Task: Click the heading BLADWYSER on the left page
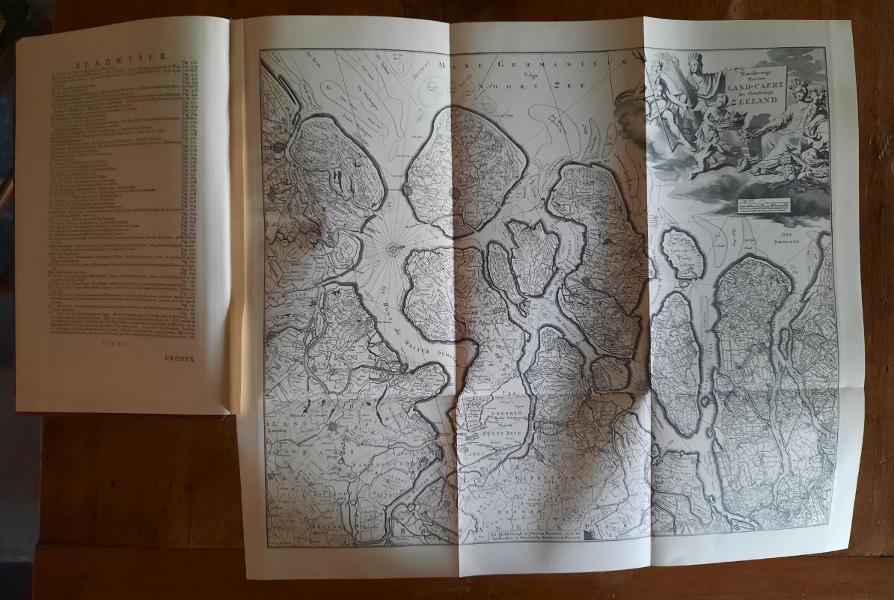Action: [123, 64]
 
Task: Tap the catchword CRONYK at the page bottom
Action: [180, 358]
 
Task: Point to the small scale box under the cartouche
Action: [762, 204]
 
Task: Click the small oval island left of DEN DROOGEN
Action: [682, 255]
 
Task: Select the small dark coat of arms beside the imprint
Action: [594, 533]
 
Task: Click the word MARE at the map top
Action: [458, 64]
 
